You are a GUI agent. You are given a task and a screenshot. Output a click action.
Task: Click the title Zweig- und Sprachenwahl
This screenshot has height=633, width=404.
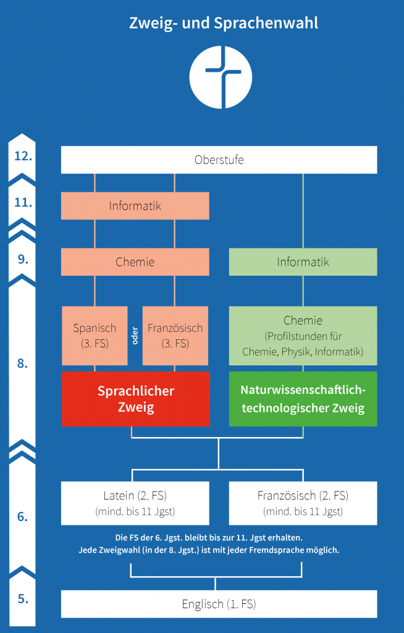224,23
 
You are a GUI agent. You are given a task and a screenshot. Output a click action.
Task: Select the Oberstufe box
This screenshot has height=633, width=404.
219,159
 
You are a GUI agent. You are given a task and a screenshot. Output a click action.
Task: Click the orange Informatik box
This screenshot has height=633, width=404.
135,206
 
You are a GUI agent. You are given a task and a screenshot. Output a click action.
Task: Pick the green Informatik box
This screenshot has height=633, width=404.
303,261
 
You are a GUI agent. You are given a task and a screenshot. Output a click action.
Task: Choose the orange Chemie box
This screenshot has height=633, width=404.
135,261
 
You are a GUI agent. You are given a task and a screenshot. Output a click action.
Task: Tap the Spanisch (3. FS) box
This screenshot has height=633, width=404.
95,336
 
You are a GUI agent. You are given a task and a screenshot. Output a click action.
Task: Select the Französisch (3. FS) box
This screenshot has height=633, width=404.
175,336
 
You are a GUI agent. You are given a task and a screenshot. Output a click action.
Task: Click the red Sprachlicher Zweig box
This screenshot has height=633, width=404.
135,399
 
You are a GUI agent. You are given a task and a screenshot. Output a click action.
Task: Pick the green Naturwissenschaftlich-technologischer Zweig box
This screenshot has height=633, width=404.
303,399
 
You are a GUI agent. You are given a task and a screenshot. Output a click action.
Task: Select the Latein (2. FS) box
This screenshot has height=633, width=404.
135,503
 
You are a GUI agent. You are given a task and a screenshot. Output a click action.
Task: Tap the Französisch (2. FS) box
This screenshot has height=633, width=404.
303,503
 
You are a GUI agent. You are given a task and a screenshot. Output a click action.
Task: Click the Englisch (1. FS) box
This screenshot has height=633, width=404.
219,604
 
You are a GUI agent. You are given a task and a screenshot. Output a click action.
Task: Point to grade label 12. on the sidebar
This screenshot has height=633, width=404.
23,155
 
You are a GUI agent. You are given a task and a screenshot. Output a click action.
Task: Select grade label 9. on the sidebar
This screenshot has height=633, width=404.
23,260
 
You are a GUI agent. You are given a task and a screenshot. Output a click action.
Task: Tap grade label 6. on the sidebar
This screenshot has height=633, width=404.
23,516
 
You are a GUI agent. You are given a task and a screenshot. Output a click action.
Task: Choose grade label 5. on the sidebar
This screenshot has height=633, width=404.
23,598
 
